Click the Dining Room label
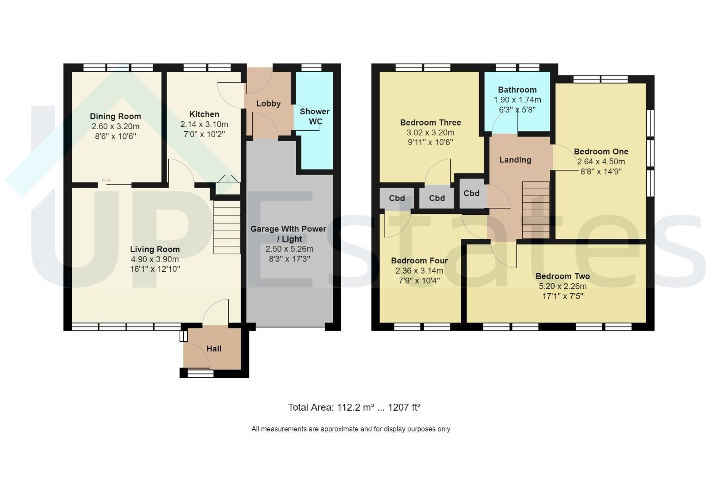click(x=115, y=116)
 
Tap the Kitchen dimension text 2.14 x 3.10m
click(x=204, y=125)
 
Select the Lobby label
click(x=268, y=104)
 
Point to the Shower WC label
click(x=314, y=116)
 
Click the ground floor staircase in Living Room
click(x=227, y=227)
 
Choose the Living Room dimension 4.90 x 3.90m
click(x=155, y=259)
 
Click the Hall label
click(x=214, y=349)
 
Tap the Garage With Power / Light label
click(x=288, y=234)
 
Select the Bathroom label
click(x=517, y=90)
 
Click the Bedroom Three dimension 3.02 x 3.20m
click(x=431, y=132)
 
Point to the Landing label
click(x=515, y=160)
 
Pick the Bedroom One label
click(x=601, y=151)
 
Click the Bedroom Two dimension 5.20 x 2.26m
click(x=562, y=286)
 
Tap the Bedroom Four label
click(x=419, y=261)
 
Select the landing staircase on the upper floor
click(x=536, y=210)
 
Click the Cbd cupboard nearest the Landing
click(x=472, y=193)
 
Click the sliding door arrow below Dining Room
click(x=106, y=180)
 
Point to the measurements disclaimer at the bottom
click(x=350, y=429)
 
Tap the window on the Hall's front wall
click(x=200, y=374)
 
